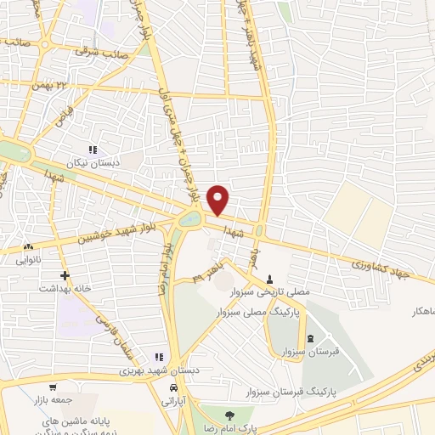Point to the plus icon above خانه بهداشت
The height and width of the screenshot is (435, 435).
tap(65, 275)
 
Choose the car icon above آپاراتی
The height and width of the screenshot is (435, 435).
tap(173, 387)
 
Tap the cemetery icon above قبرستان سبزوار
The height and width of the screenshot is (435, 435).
tap(308, 341)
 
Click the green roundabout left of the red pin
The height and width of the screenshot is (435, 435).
tap(189, 220)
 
